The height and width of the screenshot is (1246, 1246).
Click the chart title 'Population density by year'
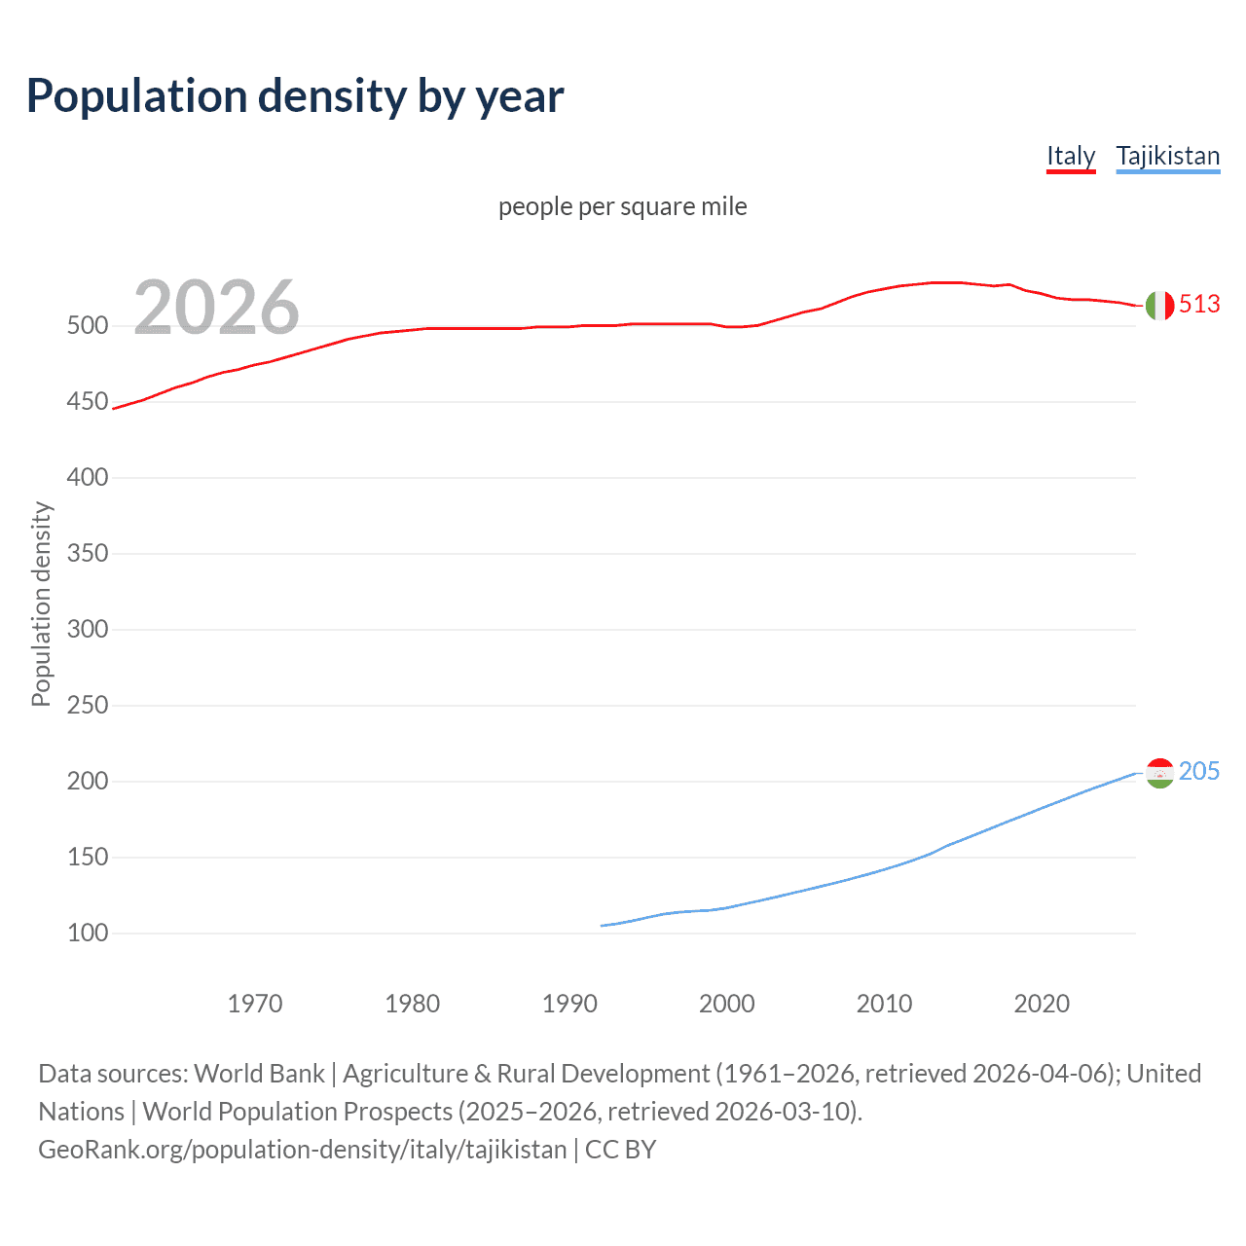point(295,96)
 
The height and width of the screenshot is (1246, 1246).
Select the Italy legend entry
point(1071,156)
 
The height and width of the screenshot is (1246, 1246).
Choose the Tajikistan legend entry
point(1167,156)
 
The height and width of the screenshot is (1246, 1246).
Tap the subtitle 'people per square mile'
point(622,206)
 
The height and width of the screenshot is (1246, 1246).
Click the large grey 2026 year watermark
point(216,308)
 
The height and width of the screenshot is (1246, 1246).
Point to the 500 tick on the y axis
point(88,326)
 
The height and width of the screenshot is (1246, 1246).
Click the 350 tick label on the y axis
point(88,554)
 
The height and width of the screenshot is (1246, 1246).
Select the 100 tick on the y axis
point(88,934)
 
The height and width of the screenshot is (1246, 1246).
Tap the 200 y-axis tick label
point(88,782)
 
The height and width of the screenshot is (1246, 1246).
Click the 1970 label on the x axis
point(255,1004)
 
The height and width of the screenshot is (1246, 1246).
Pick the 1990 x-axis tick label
point(569,1004)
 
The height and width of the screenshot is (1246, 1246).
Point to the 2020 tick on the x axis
point(1042,1004)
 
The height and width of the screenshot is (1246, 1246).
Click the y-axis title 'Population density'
point(41,604)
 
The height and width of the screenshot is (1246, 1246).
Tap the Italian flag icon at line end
point(1159,306)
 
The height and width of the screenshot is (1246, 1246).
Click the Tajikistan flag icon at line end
point(1159,773)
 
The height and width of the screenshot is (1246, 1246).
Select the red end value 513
point(1199,305)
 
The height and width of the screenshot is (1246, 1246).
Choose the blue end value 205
point(1199,772)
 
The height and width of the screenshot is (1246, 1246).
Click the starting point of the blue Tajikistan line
point(602,926)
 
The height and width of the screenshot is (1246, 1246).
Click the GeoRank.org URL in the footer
point(302,1150)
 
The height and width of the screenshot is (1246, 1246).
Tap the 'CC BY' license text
point(621,1150)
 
